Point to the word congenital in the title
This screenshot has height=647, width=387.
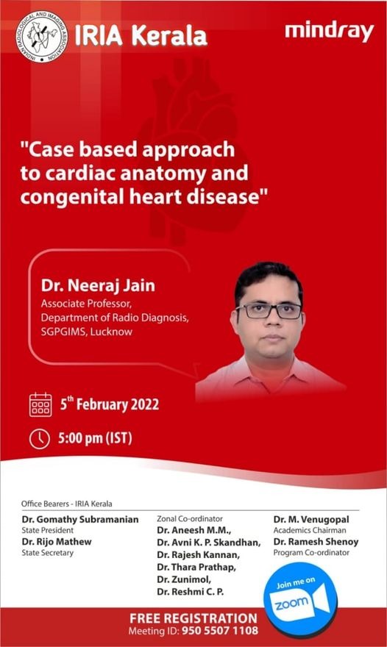point(73,198)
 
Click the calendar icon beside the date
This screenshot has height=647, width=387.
point(40,404)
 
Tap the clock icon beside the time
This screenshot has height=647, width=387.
point(40,438)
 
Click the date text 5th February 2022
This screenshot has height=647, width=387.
point(108,404)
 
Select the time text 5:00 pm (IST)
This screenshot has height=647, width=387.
point(95,439)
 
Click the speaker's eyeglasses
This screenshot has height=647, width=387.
point(269,310)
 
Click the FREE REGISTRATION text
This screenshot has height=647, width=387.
point(193,618)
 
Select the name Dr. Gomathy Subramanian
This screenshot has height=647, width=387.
point(80,520)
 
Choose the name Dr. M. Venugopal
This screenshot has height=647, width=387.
point(310,520)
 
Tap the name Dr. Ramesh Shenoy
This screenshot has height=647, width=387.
point(316,542)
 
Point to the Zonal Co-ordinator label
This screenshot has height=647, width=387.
point(190,518)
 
